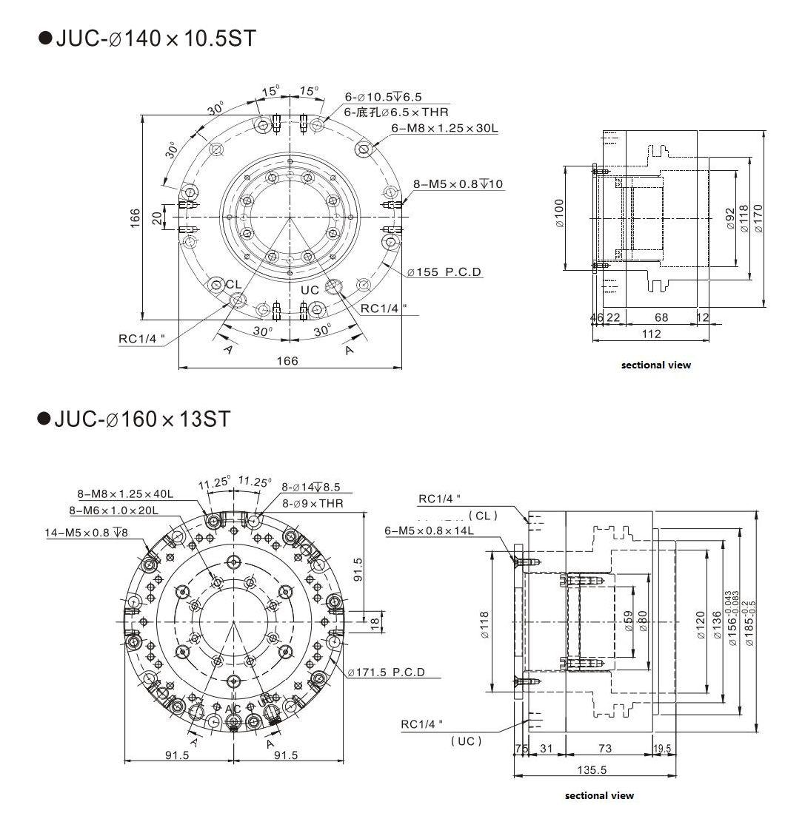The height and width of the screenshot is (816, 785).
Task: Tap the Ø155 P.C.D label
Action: coord(444,272)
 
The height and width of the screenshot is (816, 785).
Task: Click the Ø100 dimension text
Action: coord(560,214)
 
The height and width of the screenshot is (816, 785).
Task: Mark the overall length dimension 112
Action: coord(651,334)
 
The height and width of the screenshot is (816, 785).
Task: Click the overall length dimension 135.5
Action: coord(592,769)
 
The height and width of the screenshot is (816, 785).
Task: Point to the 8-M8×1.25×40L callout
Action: coord(125,494)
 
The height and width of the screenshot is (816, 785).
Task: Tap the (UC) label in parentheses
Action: coord(467,741)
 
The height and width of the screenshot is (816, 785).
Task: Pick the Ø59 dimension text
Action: coord(627,621)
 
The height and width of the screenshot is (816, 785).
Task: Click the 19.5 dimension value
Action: coord(663,749)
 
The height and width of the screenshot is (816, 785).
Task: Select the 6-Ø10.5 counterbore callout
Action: coord(383,97)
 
